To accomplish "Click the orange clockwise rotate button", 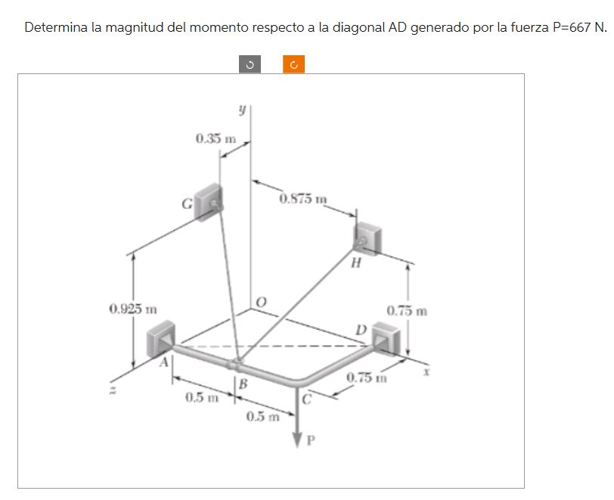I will (x=293, y=66).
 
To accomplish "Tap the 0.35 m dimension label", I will (x=215, y=139).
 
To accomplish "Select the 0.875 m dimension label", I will (x=302, y=200).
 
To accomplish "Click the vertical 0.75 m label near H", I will (x=407, y=311).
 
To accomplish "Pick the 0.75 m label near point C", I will (x=366, y=377).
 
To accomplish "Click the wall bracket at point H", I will (x=368, y=238).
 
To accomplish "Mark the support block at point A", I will (x=161, y=337).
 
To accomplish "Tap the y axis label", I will (x=241, y=110).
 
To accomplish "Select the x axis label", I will (x=426, y=372).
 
